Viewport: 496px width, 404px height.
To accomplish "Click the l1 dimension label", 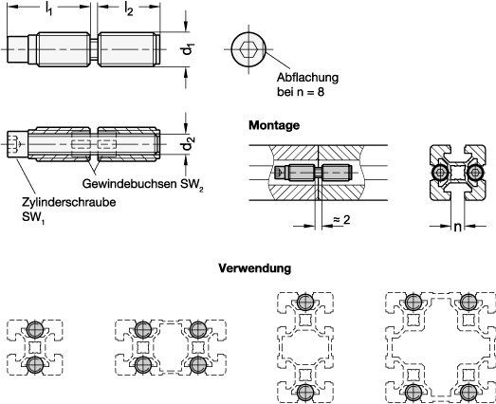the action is [48, 9].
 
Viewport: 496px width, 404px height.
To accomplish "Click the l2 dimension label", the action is [128, 9].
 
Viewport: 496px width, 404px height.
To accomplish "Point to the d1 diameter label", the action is [188, 49].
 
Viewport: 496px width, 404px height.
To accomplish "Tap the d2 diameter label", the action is [188, 144].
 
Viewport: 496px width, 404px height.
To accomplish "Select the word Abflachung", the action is [307, 77].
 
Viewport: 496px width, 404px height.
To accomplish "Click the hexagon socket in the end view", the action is [248, 49].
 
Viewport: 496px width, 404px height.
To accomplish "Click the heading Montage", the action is [274, 125].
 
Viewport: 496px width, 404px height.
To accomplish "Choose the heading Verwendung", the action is [255, 268].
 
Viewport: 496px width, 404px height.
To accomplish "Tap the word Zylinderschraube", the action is [68, 202].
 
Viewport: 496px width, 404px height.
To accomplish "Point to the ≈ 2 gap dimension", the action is [341, 219].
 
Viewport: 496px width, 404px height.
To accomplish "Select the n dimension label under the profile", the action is [457, 227].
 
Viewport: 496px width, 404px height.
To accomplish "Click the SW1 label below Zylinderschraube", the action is [33, 218].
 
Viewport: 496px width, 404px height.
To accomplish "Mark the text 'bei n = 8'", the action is [301, 92].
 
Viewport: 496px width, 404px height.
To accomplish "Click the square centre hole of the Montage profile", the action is [457, 173].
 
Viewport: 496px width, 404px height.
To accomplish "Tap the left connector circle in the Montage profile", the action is [440, 173].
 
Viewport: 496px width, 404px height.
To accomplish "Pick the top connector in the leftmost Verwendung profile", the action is [35, 329].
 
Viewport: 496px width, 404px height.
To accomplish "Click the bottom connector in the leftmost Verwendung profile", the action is [35, 365].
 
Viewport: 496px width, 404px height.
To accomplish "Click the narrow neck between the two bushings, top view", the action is [94, 49].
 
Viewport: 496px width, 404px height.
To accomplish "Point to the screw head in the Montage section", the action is [280, 173].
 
